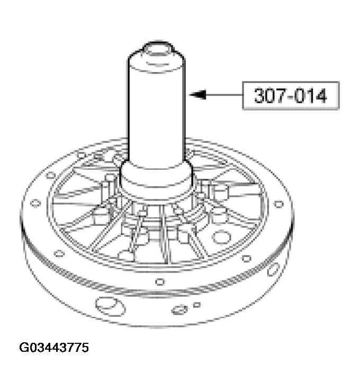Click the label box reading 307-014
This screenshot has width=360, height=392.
pyautogui.click(x=290, y=96)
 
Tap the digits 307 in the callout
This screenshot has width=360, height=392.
pyautogui.click(x=269, y=96)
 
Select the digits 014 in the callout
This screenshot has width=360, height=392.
pyautogui.click(x=311, y=96)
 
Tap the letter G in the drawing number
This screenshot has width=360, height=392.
pyautogui.click(x=24, y=348)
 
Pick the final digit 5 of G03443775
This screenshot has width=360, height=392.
pyautogui.click(x=85, y=348)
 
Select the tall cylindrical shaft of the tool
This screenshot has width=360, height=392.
pyautogui.click(x=157, y=106)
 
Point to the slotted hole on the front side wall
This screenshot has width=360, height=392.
pyautogui.click(x=180, y=309)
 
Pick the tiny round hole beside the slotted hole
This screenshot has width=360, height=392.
pyautogui.click(x=197, y=305)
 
